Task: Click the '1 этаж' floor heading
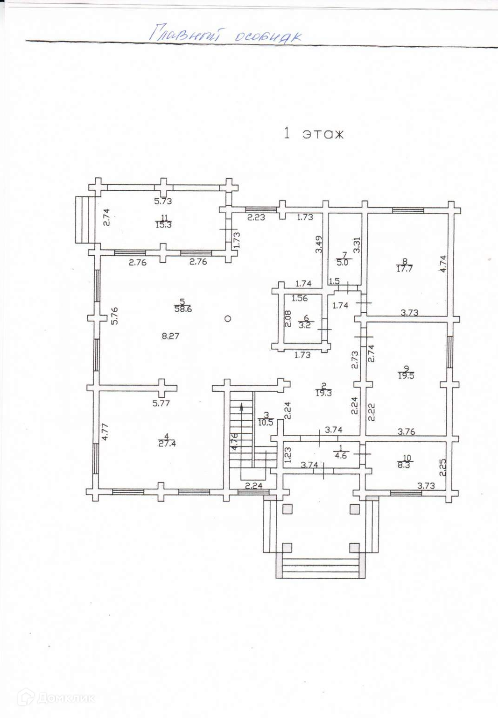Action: click(x=314, y=134)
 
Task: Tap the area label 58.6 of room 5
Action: click(x=183, y=309)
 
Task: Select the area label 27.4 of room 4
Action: click(x=167, y=444)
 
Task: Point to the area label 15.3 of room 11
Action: click(x=164, y=224)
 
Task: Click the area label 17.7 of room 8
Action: click(x=404, y=269)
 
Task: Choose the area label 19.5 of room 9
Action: click(x=406, y=375)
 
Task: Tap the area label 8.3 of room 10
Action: click(x=404, y=465)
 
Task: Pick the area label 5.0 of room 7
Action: click(x=343, y=262)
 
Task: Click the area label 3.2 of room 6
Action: click(x=305, y=325)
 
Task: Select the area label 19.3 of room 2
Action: click(x=323, y=393)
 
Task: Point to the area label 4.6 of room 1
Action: click(x=341, y=455)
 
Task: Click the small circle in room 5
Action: click(x=228, y=319)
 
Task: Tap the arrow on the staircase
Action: click(x=241, y=407)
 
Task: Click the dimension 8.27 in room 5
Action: click(x=170, y=336)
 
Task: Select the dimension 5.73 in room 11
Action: click(x=163, y=201)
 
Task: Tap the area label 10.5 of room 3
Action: click(x=266, y=423)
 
